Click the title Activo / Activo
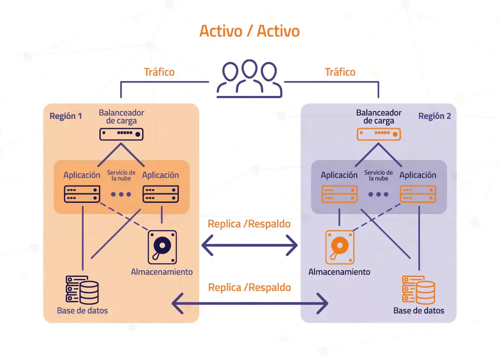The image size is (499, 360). point(249,31)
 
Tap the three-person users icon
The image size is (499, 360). point(249,79)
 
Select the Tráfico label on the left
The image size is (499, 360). point(159,72)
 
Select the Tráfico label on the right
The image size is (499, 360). point(340,72)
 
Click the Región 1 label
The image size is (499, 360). point(66,116)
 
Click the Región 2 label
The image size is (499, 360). point(435,116)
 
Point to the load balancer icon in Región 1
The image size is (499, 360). point(121,134)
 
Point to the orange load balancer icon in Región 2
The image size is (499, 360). point(379,134)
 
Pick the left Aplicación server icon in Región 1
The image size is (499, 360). point(82,194)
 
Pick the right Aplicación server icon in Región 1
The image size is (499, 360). point(161,194)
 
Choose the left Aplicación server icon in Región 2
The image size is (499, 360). point(340,194)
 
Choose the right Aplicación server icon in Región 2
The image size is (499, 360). point(418,194)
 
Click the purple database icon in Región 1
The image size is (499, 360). point(82,289)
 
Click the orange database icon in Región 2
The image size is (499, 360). point(418,289)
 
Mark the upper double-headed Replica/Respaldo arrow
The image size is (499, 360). point(249,247)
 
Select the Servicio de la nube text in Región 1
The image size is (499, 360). point(121,175)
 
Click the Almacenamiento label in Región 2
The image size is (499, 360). point(339,272)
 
